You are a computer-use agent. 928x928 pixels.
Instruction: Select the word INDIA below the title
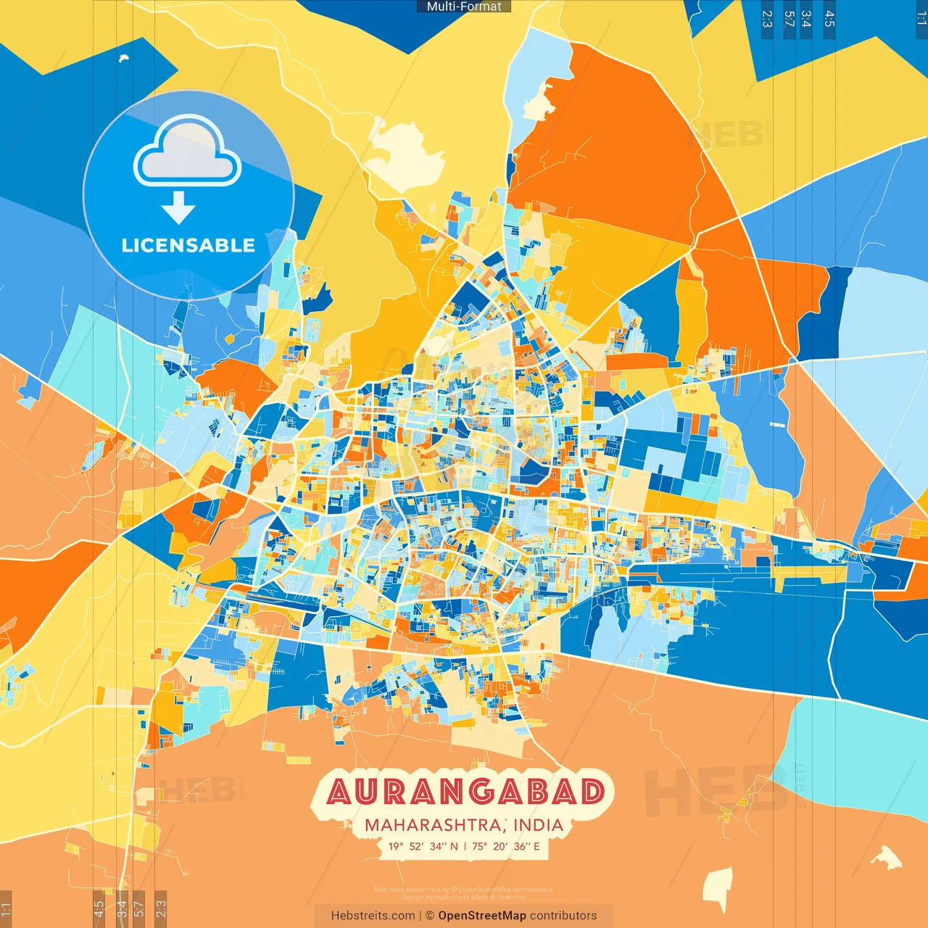coord(538,825)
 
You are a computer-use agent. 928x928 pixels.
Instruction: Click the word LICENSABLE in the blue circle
coord(188,245)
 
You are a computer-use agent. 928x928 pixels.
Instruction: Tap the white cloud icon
coord(187,154)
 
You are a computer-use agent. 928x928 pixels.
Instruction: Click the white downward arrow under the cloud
coord(178,207)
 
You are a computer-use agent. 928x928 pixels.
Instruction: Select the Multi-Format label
coord(464,7)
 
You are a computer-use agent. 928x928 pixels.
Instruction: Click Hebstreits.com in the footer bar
coord(373,916)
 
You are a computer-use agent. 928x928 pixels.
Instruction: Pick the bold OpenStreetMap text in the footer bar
coord(481,916)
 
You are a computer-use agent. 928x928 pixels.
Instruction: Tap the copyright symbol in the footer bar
coord(430,916)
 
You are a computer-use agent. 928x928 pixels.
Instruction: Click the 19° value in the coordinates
coord(396,846)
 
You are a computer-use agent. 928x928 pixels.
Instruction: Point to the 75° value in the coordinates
coord(480,846)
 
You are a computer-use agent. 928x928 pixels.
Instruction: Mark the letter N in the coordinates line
coord(454,846)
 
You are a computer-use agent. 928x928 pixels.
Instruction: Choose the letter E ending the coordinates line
coord(536,846)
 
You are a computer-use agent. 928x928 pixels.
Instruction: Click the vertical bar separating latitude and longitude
coord(465,846)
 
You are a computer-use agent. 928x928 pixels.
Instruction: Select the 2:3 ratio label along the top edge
coord(767,19)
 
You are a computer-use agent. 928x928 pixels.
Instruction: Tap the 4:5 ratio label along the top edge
coord(829,19)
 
